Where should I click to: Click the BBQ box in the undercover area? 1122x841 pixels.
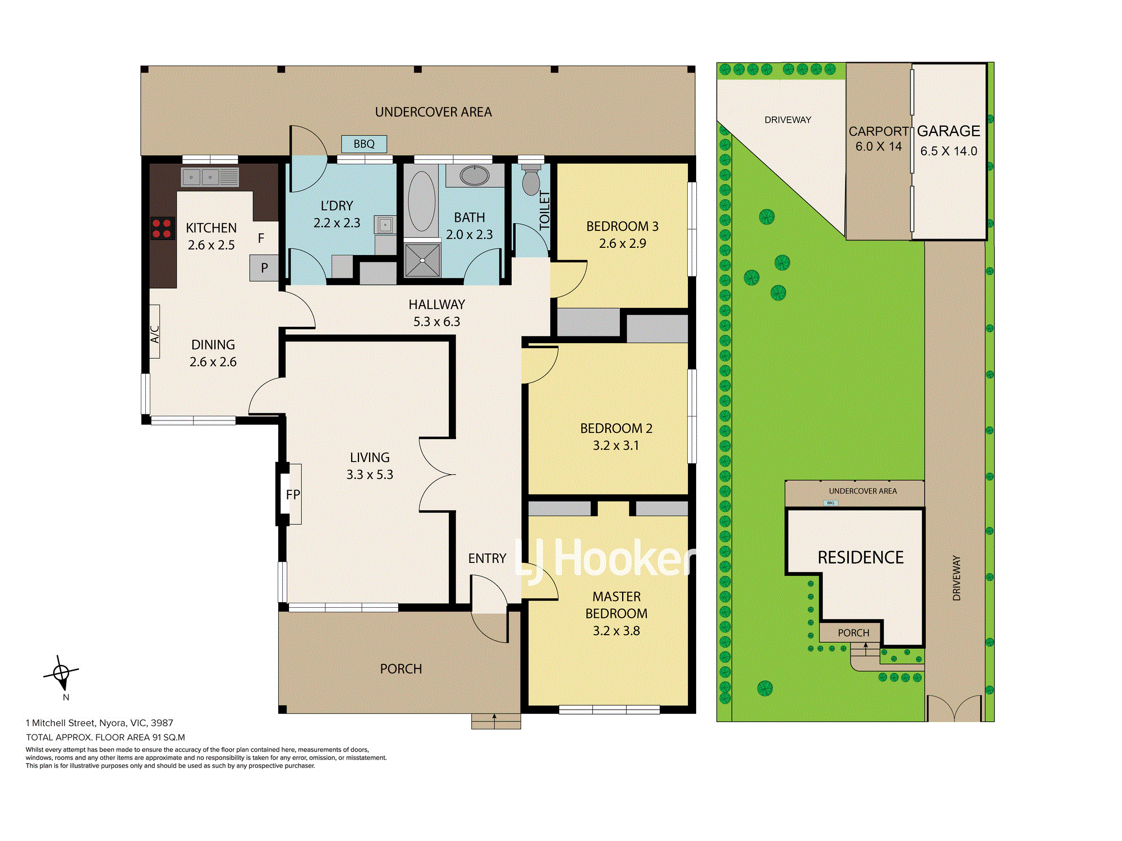pos(364,144)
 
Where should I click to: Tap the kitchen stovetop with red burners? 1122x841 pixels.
pos(162,228)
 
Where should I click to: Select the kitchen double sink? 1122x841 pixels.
pos(210,177)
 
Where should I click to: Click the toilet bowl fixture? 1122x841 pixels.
pos(531,179)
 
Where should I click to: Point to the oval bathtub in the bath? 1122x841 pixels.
pos(421,201)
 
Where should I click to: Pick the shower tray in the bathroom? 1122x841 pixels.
pos(422,260)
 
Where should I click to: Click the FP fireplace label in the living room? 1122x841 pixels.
pos(293,495)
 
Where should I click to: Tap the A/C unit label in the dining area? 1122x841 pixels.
pos(155,334)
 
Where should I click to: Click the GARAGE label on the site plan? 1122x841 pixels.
pos(949,131)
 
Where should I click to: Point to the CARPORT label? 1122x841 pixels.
pos(878,131)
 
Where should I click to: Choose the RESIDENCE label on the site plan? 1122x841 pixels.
pos(861,557)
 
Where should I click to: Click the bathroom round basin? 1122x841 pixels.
pos(475,175)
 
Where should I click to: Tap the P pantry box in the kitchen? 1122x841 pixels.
pos(264,268)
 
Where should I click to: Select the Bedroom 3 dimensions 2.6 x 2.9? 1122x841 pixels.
pos(622,243)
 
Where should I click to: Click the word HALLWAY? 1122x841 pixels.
pos(436,304)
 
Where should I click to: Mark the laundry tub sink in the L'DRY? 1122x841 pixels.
pos(385,225)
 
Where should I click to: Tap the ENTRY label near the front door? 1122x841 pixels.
pos(487,558)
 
